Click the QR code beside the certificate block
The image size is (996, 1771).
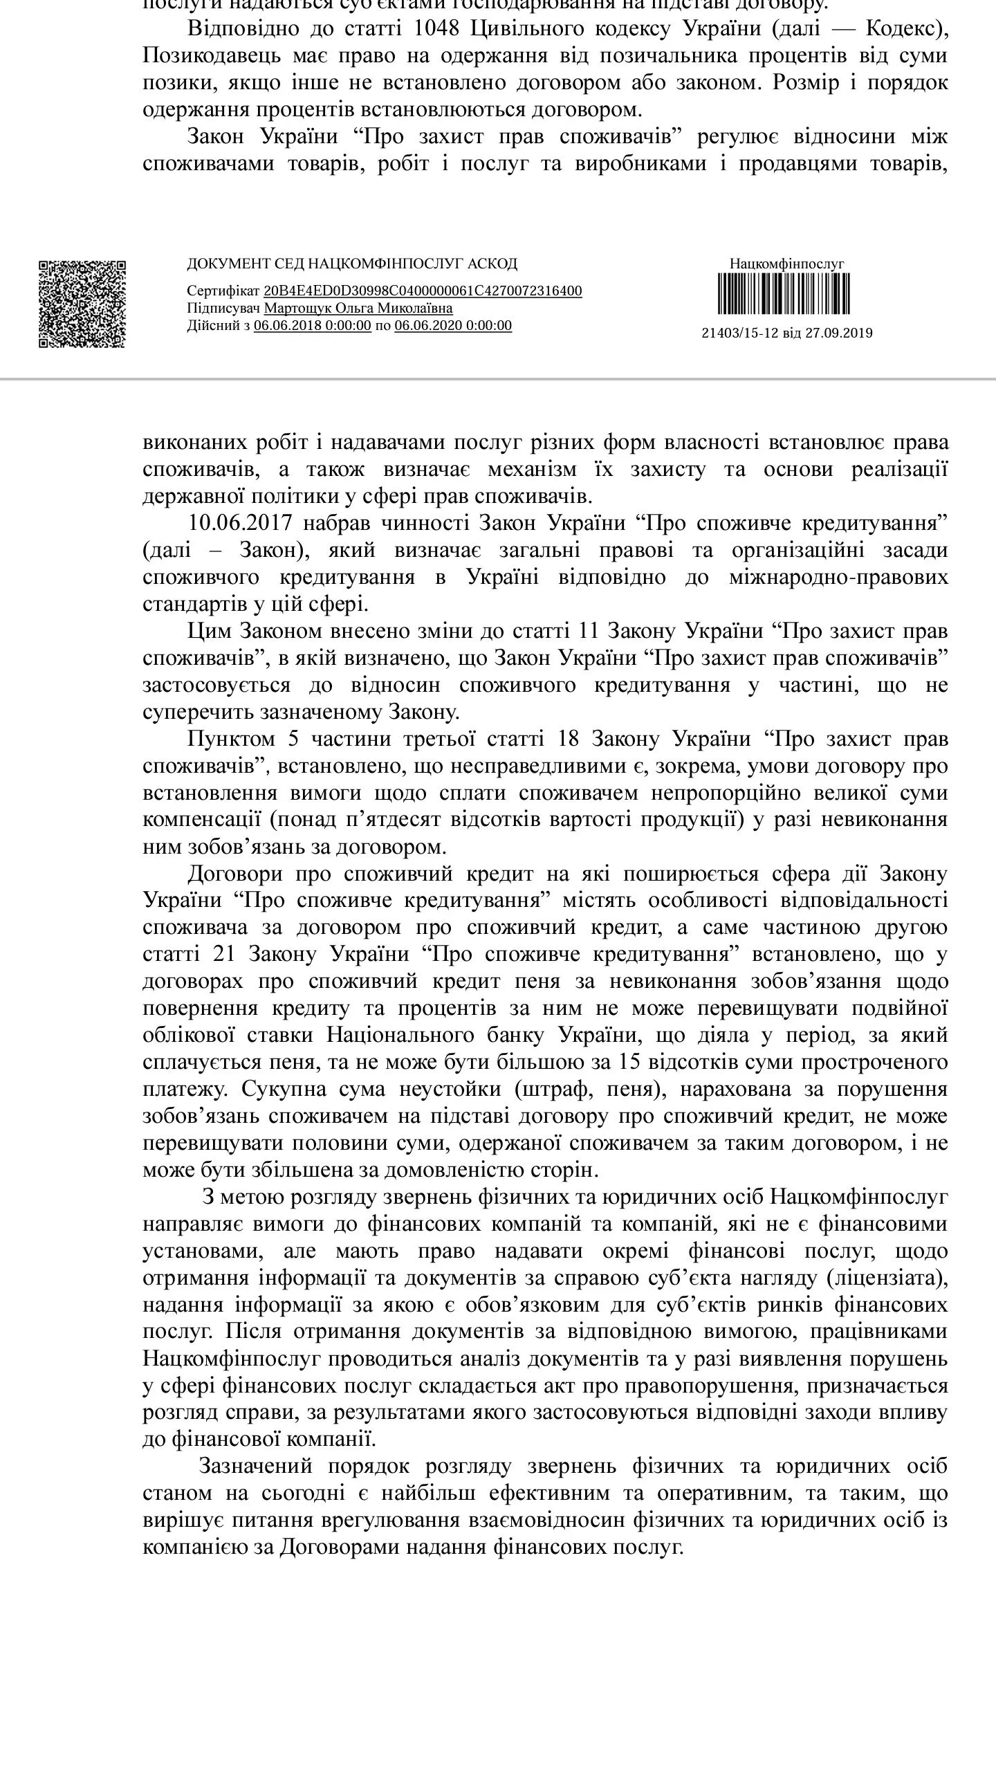tap(82, 304)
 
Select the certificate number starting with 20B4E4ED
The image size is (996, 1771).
tap(423, 291)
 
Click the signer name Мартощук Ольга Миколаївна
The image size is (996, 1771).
tap(358, 309)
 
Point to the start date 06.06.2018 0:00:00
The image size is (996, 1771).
tap(313, 326)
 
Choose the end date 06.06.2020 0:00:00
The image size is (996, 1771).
tap(453, 326)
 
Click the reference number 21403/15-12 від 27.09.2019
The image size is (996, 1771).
tap(787, 333)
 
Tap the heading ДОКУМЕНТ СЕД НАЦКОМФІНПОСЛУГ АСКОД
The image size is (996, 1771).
tap(352, 264)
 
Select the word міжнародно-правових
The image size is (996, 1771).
tap(838, 577)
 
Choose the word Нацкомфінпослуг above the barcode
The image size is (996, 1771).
tap(787, 264)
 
